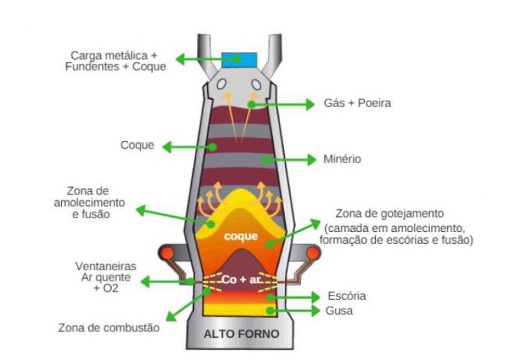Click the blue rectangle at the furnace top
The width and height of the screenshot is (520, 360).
[x=239, y=60]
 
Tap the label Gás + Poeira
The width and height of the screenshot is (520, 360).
[x=357, y=103]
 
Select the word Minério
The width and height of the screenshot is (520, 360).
[x=343, y=159]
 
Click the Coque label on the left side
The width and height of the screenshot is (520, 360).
[x=137, y=145]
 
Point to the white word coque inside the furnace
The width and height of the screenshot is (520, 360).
[x=240, y=237]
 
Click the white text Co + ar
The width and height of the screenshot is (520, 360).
[x=241, y=279]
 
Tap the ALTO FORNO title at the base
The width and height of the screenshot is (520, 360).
[x=241, y=334]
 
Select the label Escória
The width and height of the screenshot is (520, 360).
[x=347, y=296]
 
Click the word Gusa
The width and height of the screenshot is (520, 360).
[x=339, y=311]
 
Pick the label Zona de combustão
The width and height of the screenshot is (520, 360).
[x=109, y=328]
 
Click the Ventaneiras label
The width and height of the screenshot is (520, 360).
[x=105, y=266]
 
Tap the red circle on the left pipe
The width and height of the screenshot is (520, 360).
[x=167, y=253]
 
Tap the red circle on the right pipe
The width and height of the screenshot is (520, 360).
[x=313, y=253]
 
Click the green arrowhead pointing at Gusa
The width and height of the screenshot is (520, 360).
[x=316, y=311]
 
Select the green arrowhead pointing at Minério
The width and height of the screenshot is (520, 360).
[x=312, y=160]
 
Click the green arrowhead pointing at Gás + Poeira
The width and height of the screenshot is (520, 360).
[x=310, y=105]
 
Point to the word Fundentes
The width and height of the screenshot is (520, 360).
[x=92, y=67]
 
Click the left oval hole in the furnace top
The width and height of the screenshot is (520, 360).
[x=222, y=84]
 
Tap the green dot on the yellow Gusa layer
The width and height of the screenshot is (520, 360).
[x=270, y=311]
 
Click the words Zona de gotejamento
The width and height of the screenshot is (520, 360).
[x=389, y=214]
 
